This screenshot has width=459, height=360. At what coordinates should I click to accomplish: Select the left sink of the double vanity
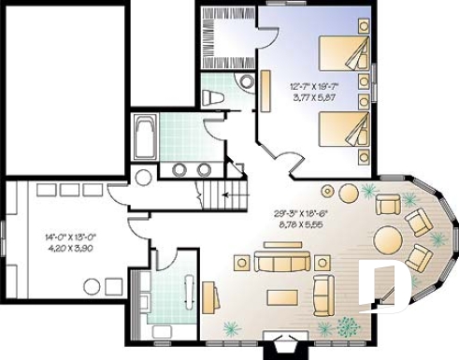179,169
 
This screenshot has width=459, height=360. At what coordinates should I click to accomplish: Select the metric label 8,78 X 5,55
303,223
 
